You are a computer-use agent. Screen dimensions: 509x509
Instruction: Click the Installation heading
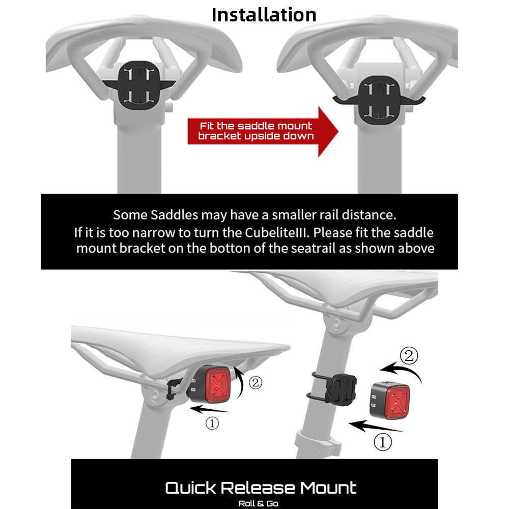[x=264, y=15]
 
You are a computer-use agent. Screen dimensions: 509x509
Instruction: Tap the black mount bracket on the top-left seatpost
[x=139, y=85]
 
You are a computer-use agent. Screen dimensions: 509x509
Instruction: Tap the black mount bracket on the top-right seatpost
[x=379, y=100]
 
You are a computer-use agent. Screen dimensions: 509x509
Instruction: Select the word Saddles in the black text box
[x=174, y=215]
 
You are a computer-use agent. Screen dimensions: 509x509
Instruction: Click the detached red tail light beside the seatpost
[x=389, y=400]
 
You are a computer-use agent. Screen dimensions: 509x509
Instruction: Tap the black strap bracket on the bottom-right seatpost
[x=334, y=389]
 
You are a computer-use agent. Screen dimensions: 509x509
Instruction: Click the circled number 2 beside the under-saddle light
[x=256, y=383]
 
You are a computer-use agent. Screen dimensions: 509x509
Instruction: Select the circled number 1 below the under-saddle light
[x=212, y=423]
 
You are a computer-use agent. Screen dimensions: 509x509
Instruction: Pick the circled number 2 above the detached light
[x=409, y=356]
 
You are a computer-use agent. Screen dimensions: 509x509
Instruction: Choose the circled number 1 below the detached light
[x=383, y=442]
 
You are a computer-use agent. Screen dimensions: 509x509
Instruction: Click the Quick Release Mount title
[x=261, y=488]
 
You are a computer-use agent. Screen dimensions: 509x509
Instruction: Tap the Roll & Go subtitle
[x=259, y=503]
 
